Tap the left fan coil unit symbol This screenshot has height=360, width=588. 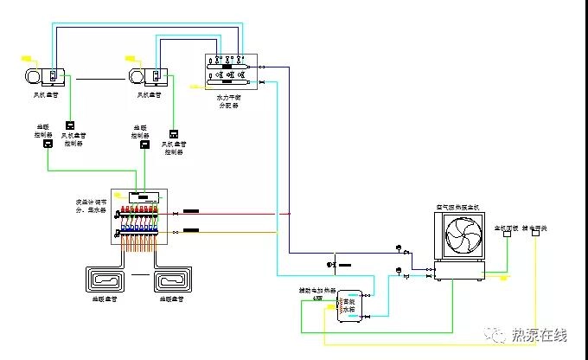tap(44, 76)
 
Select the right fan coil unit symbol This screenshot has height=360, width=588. tap(148, 76)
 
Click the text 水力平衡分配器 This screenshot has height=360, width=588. tap(233, 100)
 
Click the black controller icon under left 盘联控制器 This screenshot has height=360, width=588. tap(48, 145)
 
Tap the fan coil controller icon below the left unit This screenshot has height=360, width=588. tap(71, 124)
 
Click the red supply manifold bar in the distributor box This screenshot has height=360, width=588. tap(139, 210)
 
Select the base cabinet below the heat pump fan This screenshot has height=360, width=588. tap(463, 273)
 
